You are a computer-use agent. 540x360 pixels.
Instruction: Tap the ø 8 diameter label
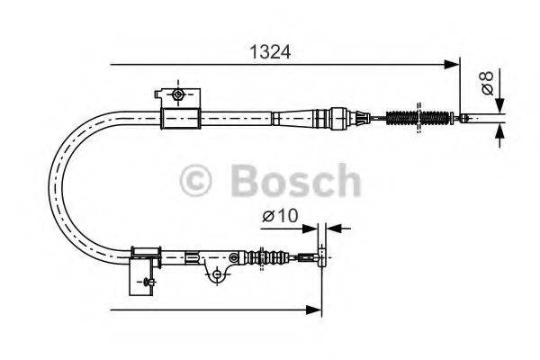(487, 83)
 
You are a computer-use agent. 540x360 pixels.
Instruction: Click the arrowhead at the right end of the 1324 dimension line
(452, 64)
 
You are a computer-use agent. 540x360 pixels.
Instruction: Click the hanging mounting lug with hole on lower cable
(216, 273)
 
